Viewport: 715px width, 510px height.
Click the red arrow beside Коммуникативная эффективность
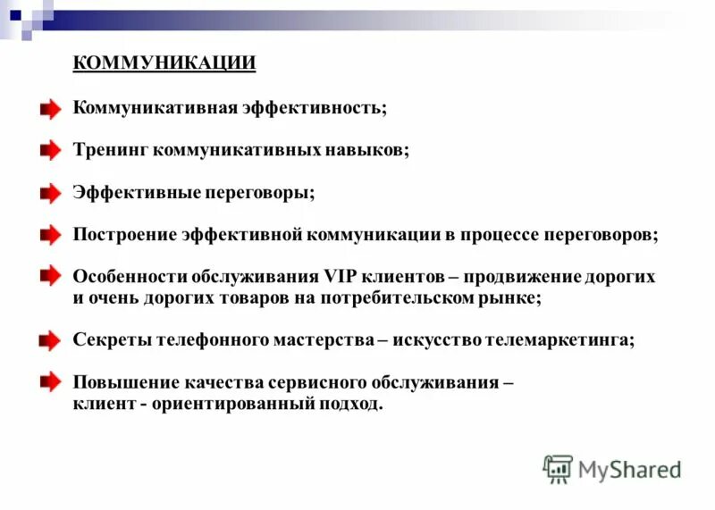50,109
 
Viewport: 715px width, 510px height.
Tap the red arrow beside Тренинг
50,151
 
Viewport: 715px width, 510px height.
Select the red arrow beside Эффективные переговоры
50,193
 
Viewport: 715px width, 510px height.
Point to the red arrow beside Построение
50,236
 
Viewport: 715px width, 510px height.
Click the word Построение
126,235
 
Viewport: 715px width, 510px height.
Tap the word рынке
514,298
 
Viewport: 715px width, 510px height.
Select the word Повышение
124,382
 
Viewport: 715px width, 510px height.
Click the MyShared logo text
629,468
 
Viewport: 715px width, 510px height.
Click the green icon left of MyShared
558,468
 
